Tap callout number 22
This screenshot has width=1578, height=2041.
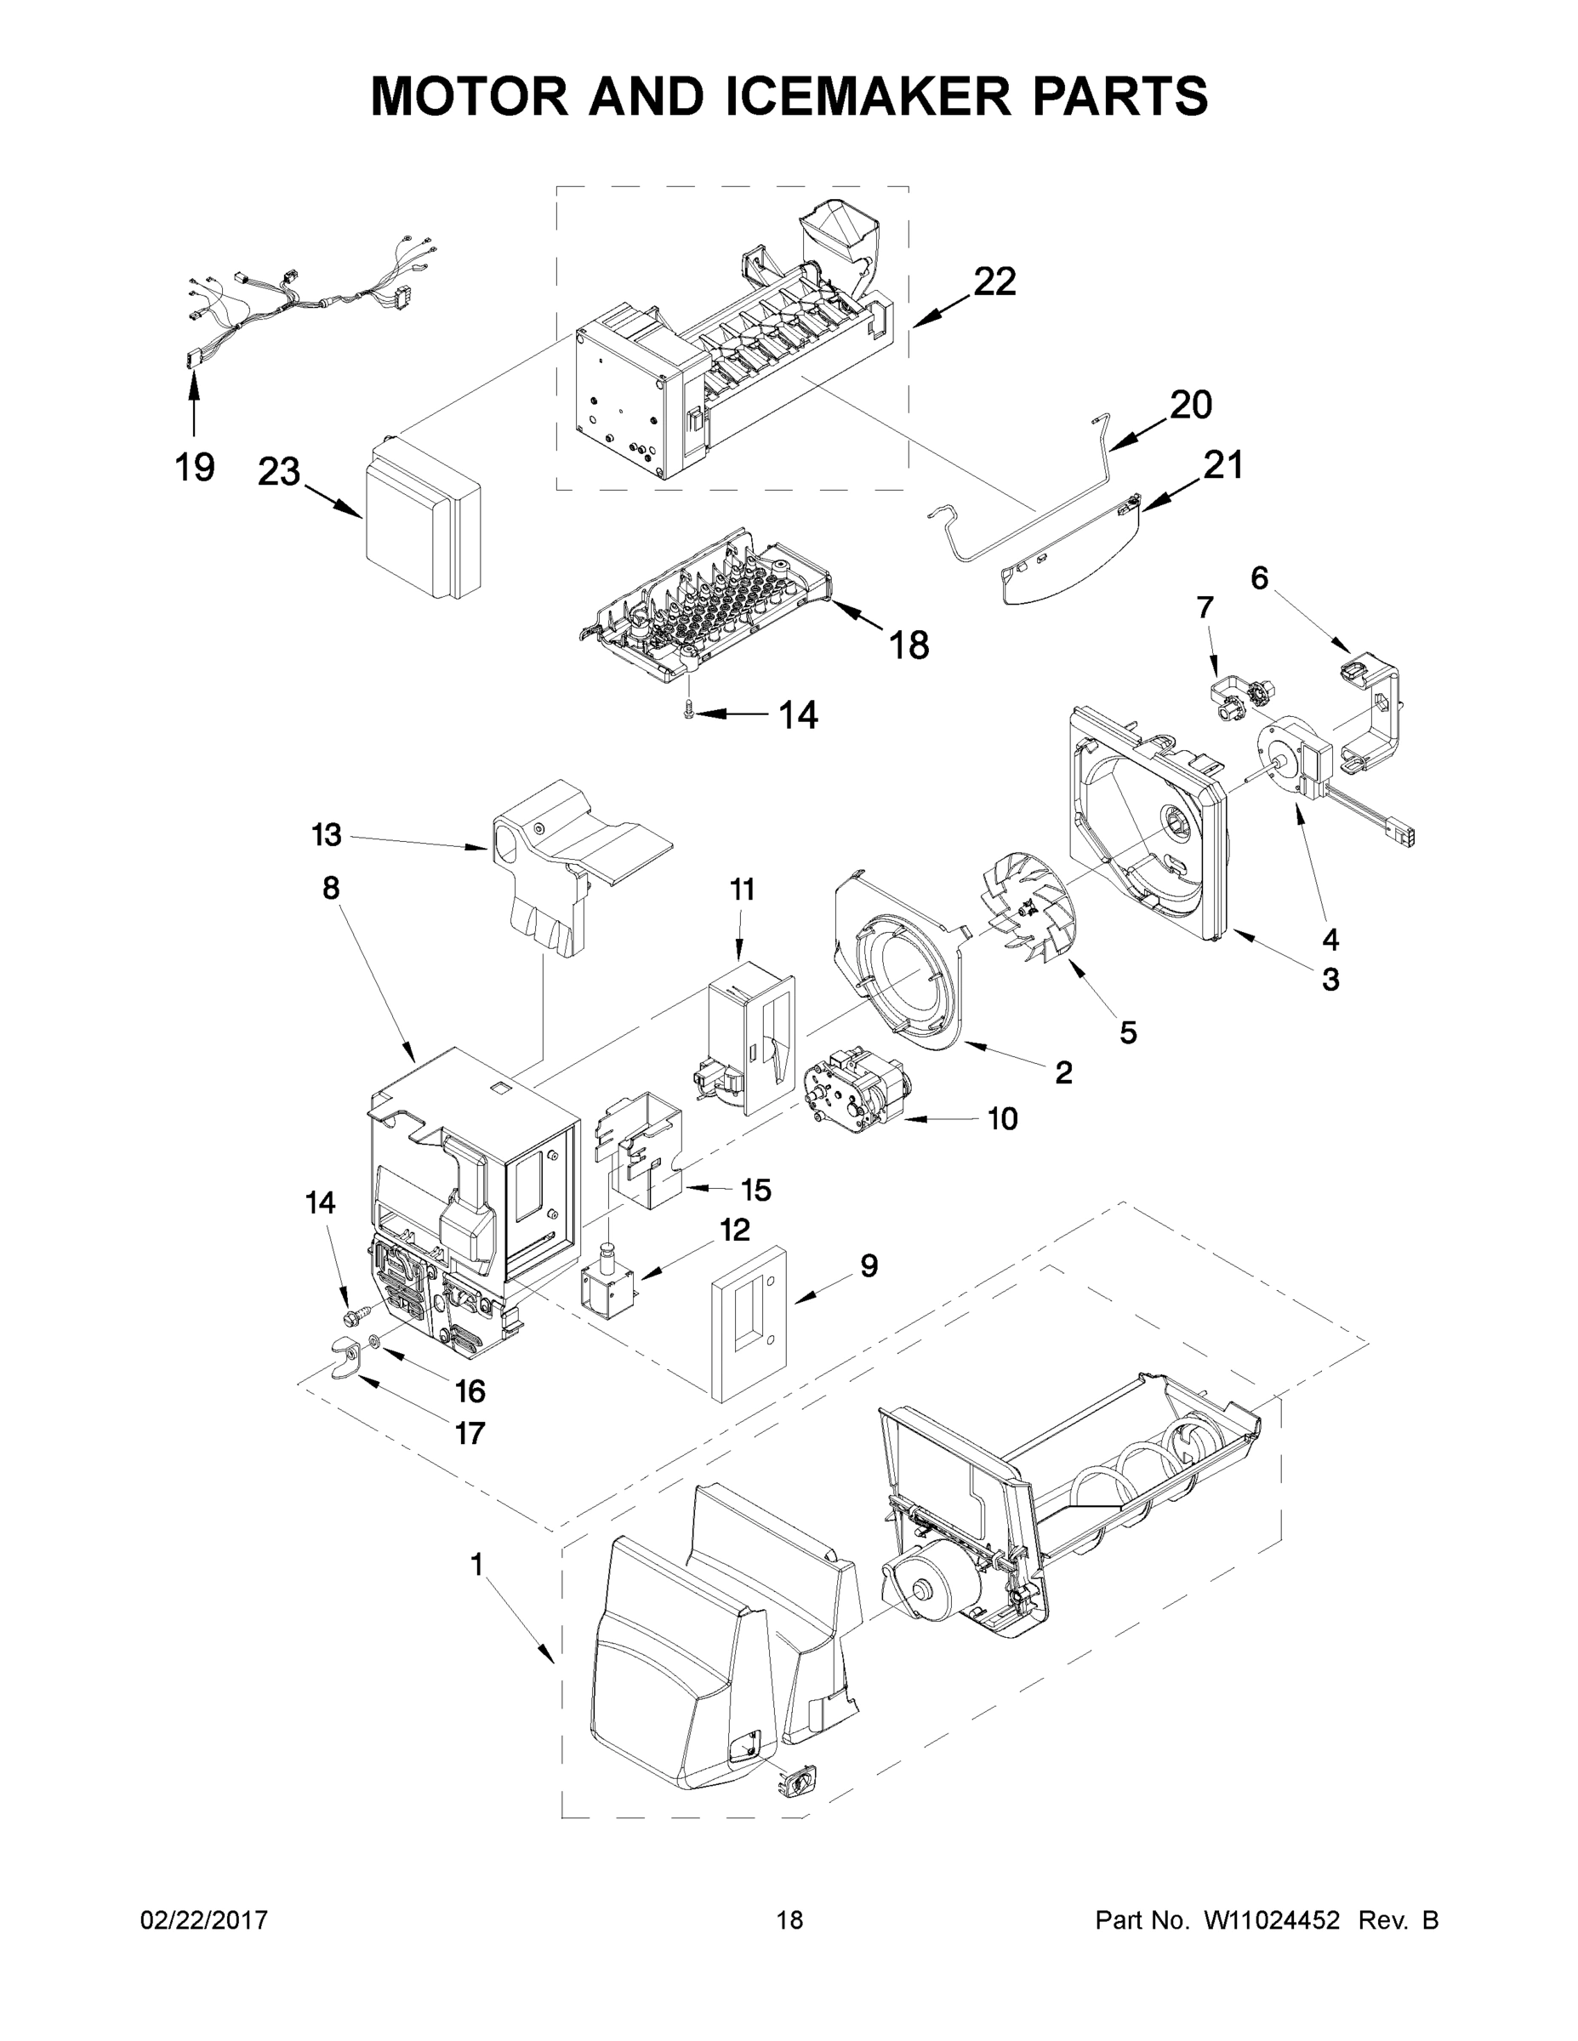click(x=994, y=281)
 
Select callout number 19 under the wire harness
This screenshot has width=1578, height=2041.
click(x=195, y=466)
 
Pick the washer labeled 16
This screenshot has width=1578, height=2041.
click(x=374, y=1343)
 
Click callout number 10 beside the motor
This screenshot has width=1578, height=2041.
click(x=1002, y=1118)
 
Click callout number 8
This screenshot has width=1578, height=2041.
click(x=331, y=888)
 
